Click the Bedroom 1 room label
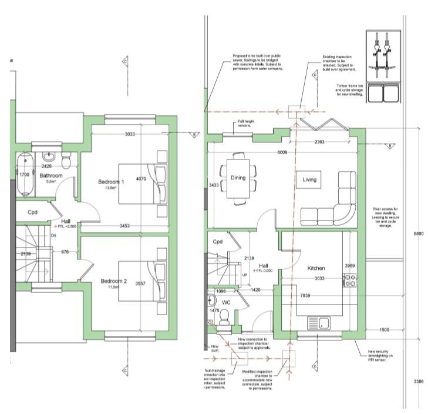pos(111,182)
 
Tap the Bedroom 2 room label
pos(113,281)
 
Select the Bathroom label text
pos(51,175)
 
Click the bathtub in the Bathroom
pos(24,175)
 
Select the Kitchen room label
pos(316,268)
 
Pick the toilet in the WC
pos(223,318)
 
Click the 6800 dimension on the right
pos(418,234)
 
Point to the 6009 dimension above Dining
pos(282,152)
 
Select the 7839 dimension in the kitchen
pos(304,295)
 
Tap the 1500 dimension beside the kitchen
pos(384,329)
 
